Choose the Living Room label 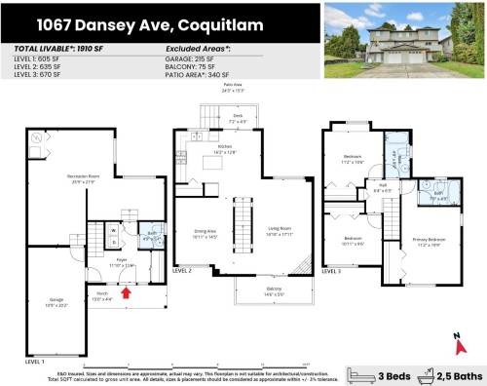[280, 231]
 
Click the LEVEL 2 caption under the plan [183, 269]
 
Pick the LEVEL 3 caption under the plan [332, 270]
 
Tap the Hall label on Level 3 [383, 186]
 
